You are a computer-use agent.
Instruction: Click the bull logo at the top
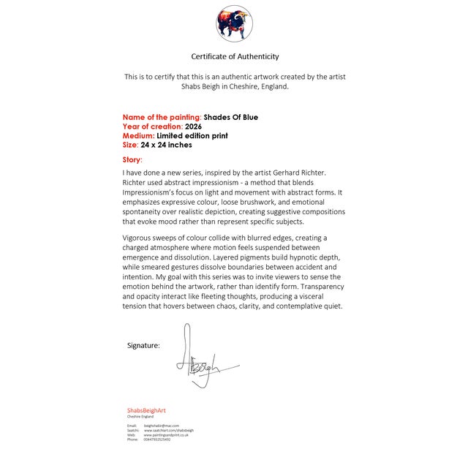[234, 24]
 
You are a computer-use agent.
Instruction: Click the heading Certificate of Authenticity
[235, 56]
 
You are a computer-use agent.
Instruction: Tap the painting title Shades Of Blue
[230, 117]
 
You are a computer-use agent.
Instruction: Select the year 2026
[193, 127]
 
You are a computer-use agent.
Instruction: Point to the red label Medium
[138, 135]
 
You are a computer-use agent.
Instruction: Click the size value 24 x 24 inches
[166, 145]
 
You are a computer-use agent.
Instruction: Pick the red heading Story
[132, 159]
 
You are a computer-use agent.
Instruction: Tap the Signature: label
[143, 345]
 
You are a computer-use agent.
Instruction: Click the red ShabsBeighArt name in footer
[146, 410]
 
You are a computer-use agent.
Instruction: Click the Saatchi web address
[168, 430]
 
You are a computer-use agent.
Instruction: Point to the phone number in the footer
[156, 439]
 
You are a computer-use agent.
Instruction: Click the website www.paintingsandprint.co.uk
[166, 435]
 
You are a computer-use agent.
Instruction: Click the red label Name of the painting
[161, 117]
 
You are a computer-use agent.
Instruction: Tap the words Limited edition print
[192, 135]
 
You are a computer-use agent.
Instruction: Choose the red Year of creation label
[152, 127]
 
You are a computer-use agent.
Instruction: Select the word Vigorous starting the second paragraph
[139, 238]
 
